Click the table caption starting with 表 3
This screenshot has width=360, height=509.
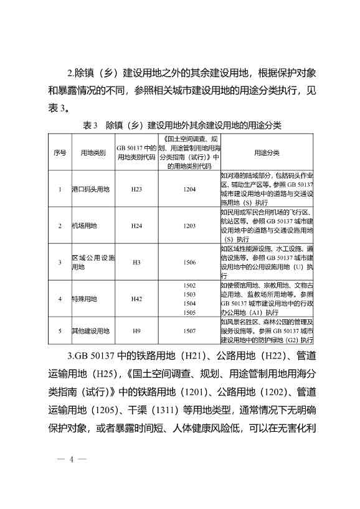pos(181,125)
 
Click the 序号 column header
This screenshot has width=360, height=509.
pos(60,152)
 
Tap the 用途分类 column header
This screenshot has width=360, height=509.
pos(267,152)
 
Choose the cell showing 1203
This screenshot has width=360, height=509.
pos(189,225)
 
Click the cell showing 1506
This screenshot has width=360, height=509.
pos(189,262)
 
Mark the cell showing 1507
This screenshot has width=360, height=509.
pos(189,332)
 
